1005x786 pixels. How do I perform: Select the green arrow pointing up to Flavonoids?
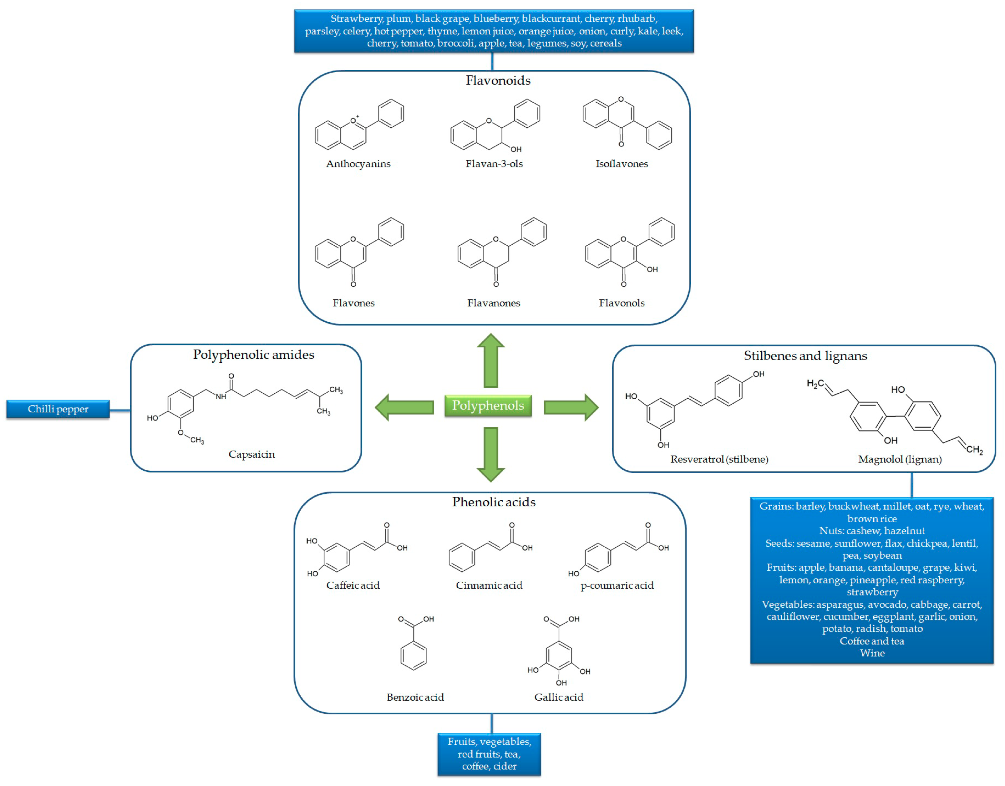click(490, 361)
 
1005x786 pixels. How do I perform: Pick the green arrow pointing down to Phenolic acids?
click(490, 453)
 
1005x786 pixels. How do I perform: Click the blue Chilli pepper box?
click(58, 409)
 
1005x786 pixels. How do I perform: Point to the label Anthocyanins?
click(358, 164)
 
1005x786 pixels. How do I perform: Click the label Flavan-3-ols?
click(494, 164)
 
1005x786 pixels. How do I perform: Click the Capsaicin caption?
click(252, 454)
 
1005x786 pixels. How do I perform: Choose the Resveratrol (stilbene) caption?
click(719, 459)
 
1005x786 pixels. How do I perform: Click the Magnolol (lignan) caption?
click(900, 459)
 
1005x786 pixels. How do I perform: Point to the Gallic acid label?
click(559, 697)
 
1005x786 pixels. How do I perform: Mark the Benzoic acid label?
click(415, 697)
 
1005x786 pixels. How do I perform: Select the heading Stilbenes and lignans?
click(805, 356)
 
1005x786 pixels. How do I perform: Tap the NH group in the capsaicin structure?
click(221, 397)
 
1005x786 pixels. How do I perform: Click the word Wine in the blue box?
click(872, 653)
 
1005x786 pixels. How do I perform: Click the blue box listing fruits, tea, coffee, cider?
click(489, 754)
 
